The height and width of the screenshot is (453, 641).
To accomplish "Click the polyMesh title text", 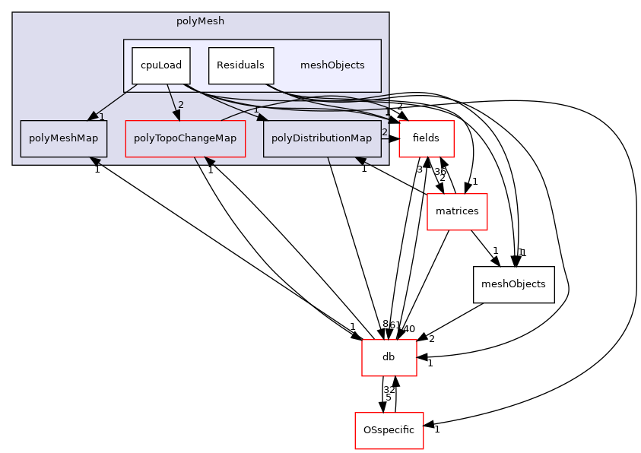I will [x=200, y=21].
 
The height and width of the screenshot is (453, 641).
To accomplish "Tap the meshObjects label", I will [x=332, y=65].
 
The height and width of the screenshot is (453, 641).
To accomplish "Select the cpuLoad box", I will [x=160, y=65].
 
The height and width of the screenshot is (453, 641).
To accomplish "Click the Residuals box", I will [x=240, y=65].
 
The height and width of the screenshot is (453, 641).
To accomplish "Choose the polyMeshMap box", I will [x=63, y=138].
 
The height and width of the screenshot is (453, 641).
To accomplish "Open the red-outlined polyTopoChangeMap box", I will [x=185, y=138].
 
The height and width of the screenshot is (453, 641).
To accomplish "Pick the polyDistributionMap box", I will [x=322, y=138].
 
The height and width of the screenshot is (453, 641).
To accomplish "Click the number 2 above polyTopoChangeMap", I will [x=181, y=105].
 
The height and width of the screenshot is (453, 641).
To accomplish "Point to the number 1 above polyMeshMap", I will [x=101, y=116].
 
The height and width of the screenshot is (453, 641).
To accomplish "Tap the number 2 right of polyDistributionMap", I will [x=385, y=132].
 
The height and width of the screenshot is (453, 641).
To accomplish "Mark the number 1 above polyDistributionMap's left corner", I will [x=256, y=110].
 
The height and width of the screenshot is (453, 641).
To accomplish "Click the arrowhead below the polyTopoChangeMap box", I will [x=208, y=162].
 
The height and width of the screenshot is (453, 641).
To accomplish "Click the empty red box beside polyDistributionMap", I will [x=426, y=139].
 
